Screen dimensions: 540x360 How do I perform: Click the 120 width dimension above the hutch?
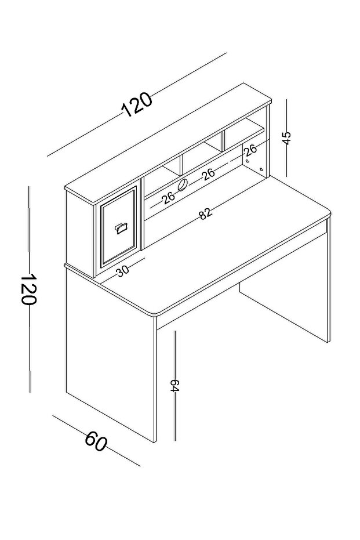137,104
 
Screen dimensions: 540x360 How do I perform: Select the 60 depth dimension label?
96,443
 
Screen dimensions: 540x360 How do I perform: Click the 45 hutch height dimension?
286,137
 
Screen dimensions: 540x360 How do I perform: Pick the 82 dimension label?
205,214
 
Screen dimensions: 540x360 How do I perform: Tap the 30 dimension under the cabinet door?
122,271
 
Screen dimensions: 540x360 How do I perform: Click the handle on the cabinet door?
122,227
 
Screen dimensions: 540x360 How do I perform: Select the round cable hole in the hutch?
182,185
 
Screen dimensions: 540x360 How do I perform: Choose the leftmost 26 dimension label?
168,198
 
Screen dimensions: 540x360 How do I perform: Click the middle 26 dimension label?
208,173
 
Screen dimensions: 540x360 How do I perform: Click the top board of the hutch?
168,139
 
